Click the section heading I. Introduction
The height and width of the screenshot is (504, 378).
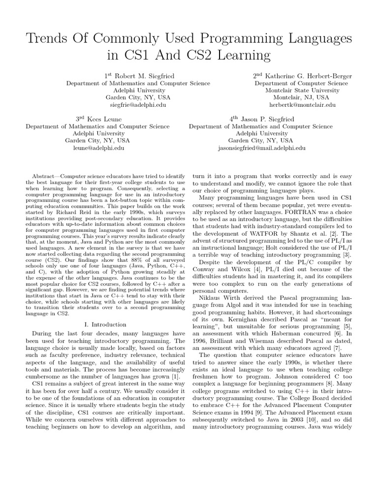[x=105, y=324]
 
